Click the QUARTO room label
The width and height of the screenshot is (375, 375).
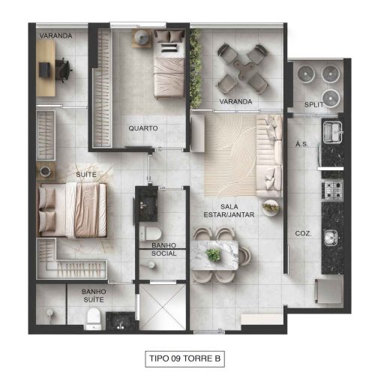pyautogui.click(x=143, y=128)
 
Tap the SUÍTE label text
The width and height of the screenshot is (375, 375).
pyautogui.click(x=86, y=174)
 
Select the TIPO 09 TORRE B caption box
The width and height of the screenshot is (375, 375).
pyautogui.click(x=184, y=358)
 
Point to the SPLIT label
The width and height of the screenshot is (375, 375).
pyautogui.click(x=313, y=105)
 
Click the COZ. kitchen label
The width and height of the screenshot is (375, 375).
pyautogui.click(x=303, y=233)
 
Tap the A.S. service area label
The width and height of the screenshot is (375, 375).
pyautogui.click(x=301, y=144)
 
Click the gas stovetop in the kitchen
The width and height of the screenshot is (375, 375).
pyautogui.click(x=333, y=190)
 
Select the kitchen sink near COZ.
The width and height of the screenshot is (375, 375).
pyautogui.click(x=331, y=238)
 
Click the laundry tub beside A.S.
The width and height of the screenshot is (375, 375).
pyautogui.click(x=332, y=132)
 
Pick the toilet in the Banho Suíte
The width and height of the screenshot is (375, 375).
pyautogui.click(x=93, y=319)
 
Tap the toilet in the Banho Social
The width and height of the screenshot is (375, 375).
pyautogui.click(x=150, y=233)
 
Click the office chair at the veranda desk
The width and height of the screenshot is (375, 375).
pyautogui.click(x=64, y=70)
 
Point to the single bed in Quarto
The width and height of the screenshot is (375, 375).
pyautogui.click(x=169, y=64)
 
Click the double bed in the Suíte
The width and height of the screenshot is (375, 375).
pyautogui.click(x=73, y=210)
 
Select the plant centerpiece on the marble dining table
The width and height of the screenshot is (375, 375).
pyautogui.click(x=213, y=255)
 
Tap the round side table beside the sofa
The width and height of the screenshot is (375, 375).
pyautogui.click(x=271, y=207)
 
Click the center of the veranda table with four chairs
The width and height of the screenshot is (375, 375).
pyautogui.click(x=242, y=68)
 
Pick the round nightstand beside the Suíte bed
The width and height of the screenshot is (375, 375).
pyautogui.click(x=45, y=171)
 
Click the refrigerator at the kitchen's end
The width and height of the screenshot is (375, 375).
pyautogui.click(x=329, y=291)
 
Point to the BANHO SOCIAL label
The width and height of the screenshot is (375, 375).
pyautogui.click(x=164, y=249)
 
